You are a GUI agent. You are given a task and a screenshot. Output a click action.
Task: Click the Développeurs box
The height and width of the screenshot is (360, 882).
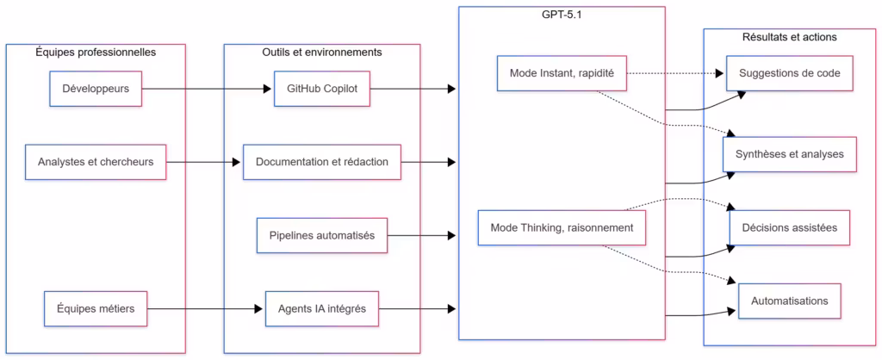[x=96, y=89]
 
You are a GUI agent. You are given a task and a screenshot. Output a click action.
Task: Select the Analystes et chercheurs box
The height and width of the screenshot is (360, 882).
[x=96, y=162]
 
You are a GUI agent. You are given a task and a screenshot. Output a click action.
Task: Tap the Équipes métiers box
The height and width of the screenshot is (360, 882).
[x=96, y=308]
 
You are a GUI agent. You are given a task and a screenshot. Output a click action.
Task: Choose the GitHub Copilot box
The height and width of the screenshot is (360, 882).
[x=321, y=89]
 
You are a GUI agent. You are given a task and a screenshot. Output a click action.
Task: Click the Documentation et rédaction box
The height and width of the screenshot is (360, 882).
[x=321, y=162]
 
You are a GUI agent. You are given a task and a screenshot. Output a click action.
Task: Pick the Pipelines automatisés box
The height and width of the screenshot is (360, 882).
[x=321, y=235]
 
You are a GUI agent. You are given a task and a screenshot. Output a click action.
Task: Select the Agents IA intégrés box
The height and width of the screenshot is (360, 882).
[x=321, y=308]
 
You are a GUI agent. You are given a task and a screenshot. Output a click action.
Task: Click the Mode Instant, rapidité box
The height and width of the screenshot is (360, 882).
[x=561, y=73]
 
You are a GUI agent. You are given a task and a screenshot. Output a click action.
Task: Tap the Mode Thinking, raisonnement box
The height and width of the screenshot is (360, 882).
[x=562, y=227]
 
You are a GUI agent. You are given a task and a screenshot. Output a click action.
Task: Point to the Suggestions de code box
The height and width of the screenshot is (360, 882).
[x=790, y=73]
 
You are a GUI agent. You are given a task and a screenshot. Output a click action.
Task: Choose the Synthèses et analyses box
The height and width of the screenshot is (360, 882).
[x=790, y=153]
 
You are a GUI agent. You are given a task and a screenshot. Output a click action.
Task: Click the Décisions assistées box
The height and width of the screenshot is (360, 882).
[x=790, y=227]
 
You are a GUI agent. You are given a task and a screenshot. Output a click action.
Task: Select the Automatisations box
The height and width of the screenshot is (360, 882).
[x=790, y=301]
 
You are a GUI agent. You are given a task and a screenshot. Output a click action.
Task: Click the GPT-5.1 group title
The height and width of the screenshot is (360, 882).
[x=562, y=15]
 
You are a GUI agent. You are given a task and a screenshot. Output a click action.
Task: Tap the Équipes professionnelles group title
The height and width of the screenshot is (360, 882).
[x=96, y=53]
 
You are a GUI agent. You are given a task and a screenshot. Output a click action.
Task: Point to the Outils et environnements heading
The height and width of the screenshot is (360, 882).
[x=321, y=53]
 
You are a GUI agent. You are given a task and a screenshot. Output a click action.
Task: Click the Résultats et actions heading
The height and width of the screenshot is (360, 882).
[x=790, y=37]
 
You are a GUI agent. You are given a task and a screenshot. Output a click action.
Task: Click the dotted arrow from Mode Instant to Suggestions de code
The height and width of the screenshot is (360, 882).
[x=676, y=73]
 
